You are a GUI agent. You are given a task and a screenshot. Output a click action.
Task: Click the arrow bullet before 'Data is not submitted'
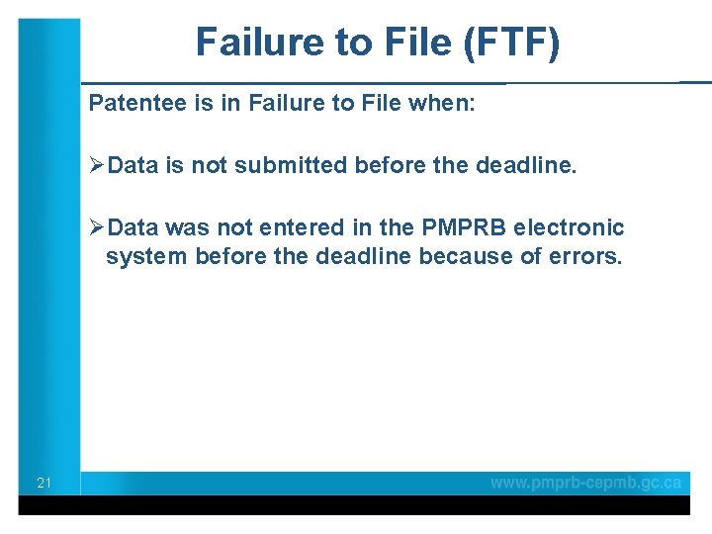click(x=96, y=165)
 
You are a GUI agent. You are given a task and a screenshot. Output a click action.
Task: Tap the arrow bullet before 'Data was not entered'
click(x=96, y=227)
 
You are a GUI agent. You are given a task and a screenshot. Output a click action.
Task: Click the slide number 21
click(x=44, y=484)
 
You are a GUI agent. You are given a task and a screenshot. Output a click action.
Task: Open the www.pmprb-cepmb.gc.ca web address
click(x=586, y=483)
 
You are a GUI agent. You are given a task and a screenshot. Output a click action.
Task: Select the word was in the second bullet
click(x=184, y=227)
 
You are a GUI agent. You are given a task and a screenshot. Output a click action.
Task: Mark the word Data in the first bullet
click(x=134, y=165)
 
